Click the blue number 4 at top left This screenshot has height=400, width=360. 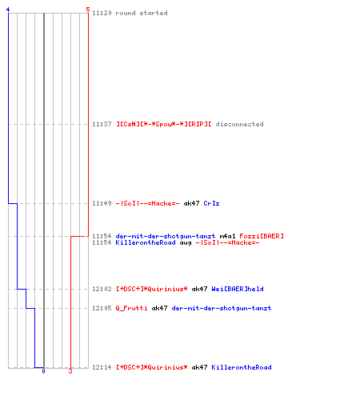tap(8, 10)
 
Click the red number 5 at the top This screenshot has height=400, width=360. tap(88, 10)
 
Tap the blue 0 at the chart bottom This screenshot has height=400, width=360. tap(43, 371)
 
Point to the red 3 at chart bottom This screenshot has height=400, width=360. tap(70, 371)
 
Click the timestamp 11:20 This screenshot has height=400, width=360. tap(102, 13)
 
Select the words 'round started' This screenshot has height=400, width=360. tap(142, 13)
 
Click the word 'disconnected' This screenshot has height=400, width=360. tap(239, 124)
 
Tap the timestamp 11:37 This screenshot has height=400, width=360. tap(102, 124)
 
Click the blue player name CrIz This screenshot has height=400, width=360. tap(211, 203)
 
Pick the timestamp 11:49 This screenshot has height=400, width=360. tap(102, 203)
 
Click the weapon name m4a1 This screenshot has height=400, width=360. tap(227, 236)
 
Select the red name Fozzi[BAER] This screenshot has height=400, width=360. tap(262, 236)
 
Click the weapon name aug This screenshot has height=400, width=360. tap(186, 242)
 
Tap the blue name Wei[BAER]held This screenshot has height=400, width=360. tap(238, 289)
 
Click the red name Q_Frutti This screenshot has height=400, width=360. tap(131, 308)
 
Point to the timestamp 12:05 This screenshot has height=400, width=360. tap(102, 308)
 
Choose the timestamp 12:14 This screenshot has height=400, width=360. tap(102, 367)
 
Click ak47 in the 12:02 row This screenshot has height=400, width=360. tap(199, 289)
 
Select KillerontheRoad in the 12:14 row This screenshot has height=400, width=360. tap(242, 367)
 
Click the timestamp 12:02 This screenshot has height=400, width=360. tap(102, 289)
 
